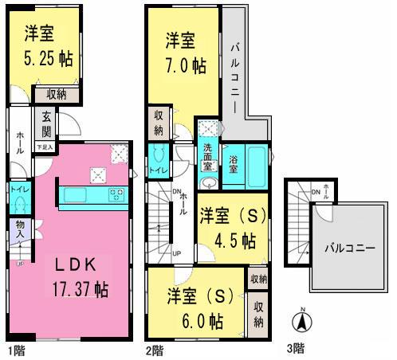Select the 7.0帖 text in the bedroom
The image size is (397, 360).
tap(183, 65)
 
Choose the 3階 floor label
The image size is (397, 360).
tap(295, 349)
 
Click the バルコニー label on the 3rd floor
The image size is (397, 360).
tap(348, 248)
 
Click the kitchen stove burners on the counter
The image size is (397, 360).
tap(116, 194)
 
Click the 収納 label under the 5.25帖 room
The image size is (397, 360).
tap(67, 94)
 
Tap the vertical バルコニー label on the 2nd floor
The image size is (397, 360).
tap(236, 69)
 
